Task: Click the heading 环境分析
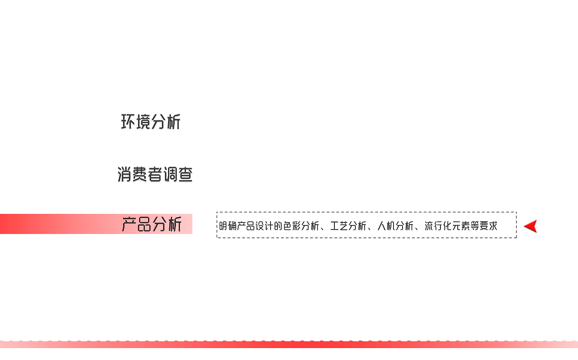(x=151, y=122)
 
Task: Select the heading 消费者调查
(x=155, y=174)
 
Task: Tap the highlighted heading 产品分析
(x=152, y=224)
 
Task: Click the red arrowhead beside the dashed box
(x=531, y=226)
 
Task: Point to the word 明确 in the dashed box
(x=227, y=226)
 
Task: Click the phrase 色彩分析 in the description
(x=301, y=226)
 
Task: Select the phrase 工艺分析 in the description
(x=348, y=226)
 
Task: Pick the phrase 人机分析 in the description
(x=395, y=226)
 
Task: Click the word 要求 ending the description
(x=488, y=226)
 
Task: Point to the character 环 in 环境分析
(x=128, y=122)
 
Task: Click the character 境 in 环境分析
(x=143, y=122)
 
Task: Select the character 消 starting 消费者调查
(x=125, y=174)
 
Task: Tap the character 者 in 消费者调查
(x=155, y=174)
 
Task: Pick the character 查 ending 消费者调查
(x=185, y=174)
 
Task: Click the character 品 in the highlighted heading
(x=144, y=224)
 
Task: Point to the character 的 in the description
(x=278, y=226)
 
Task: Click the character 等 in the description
(x=474, y=226)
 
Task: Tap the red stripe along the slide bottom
(x=289, y=344)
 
